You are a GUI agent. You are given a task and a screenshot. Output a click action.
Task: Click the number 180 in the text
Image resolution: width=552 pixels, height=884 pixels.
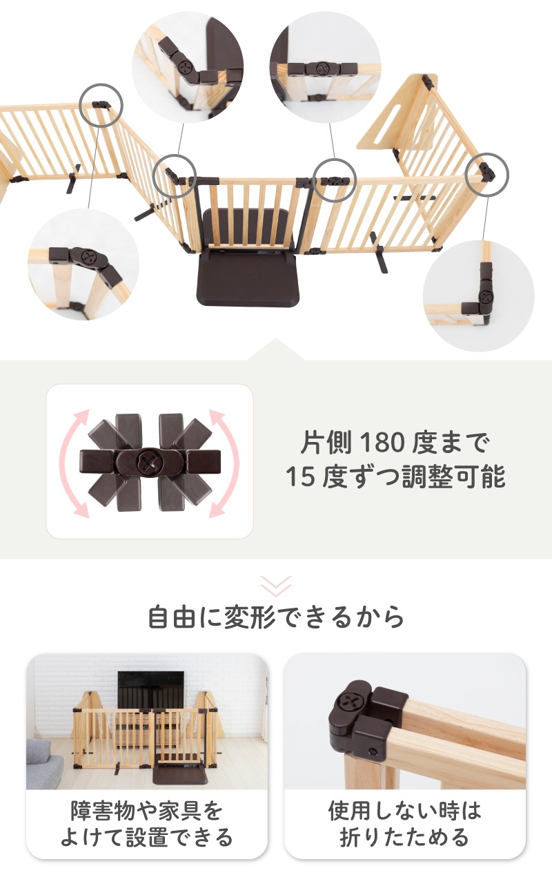coord(382,443)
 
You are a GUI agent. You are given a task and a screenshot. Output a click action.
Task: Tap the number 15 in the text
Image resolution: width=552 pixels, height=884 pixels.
coord(300,477)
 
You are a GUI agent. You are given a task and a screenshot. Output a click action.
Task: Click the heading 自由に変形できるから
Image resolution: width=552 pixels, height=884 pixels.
coord(276,617)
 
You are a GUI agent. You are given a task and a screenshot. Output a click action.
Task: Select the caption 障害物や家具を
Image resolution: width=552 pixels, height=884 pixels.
coord(147,811)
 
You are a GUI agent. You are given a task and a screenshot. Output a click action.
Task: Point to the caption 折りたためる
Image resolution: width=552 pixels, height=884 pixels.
coord(404,838)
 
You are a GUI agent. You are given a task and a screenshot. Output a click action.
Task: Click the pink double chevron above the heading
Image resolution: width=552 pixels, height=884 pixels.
coord(276,586)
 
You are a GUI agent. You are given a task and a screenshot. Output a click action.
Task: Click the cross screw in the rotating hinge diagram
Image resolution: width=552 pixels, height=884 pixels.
coord(148,463)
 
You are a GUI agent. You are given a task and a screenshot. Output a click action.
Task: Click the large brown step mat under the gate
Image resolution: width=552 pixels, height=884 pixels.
coord(248,279)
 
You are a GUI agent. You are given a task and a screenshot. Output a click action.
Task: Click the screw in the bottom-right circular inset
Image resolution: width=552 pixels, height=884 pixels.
coord(486,295)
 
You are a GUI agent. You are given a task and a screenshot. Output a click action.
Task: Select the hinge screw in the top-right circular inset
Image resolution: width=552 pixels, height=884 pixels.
coord(322,68)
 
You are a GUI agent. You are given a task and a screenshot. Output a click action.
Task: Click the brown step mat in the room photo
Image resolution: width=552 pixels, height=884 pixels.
coord(180,776)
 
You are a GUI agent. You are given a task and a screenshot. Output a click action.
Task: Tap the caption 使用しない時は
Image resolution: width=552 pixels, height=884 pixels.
coord(404,811)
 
